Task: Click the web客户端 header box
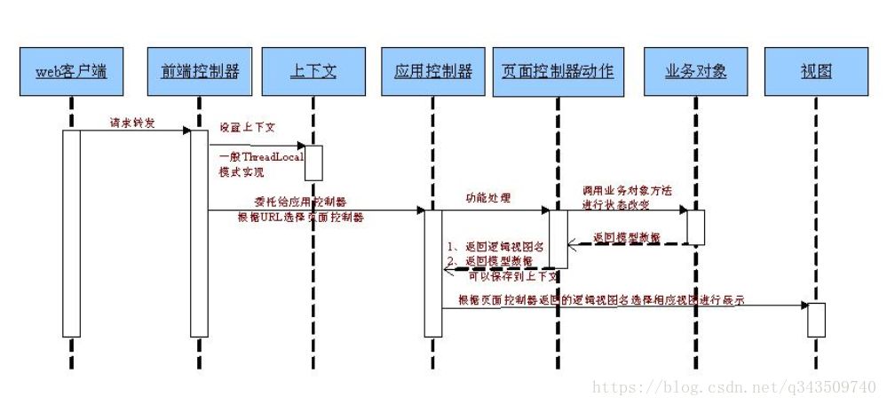71,72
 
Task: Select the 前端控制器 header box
200,72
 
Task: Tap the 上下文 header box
313,72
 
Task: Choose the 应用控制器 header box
432,72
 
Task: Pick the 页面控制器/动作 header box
558,72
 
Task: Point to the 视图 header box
816,72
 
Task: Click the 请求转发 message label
133,123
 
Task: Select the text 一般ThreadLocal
261,156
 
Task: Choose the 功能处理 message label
487,197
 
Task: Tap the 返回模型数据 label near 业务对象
626,236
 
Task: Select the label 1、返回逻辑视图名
494,245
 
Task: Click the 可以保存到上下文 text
507,276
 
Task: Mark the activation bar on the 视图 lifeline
816,320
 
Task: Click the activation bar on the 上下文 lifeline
313,163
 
